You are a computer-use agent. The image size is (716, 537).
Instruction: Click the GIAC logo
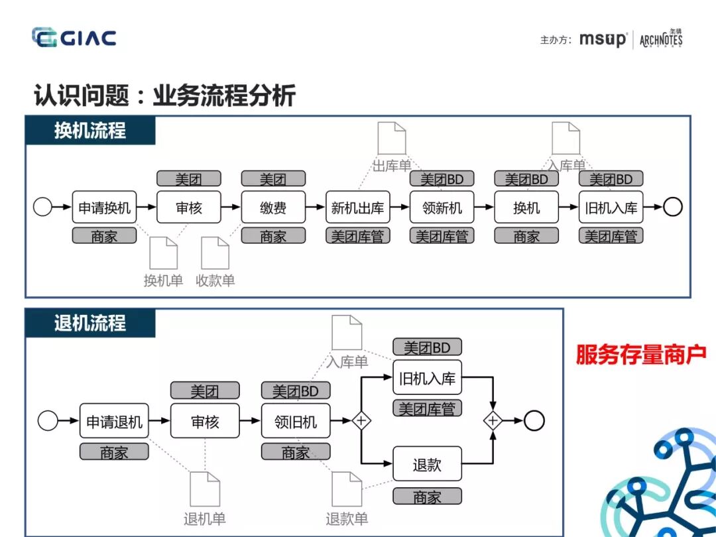74,38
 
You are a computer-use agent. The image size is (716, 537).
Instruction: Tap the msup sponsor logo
602,39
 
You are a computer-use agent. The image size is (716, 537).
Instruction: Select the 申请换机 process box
105,208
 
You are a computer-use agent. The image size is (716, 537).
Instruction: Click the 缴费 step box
273,208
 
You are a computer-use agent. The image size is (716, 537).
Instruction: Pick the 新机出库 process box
358,208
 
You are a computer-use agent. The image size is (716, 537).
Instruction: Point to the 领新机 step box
442,208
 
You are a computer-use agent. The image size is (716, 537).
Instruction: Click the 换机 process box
526,208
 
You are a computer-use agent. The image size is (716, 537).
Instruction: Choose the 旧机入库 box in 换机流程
611,208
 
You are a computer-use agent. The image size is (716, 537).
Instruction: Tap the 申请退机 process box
114,421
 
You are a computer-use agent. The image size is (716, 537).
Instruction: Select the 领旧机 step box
296,421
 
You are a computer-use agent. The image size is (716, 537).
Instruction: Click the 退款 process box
427,464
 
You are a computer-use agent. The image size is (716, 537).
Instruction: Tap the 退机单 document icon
205,489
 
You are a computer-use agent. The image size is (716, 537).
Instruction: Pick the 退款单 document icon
347,489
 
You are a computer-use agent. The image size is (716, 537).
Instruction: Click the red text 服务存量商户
640,355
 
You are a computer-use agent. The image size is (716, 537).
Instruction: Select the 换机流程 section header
90,130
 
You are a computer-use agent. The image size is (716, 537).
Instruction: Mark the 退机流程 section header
90,324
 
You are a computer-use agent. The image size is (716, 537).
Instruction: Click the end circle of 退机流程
534,421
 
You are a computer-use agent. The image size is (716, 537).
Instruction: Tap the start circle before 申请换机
42,208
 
